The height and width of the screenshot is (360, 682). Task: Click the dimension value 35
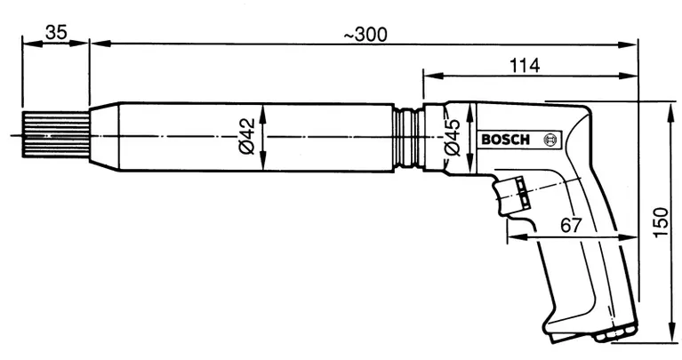(x=55, y=32)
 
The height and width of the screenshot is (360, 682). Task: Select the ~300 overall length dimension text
(x=365, y=34)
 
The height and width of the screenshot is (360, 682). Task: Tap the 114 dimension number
(x=527, y=64)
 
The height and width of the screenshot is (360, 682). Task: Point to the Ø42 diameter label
(x=249, y=135)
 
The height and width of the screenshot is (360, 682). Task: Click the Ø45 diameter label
(x=452, y=138)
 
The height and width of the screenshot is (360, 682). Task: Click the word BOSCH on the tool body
(x=504, y=140)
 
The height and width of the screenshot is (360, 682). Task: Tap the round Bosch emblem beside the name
(x=549, y=140)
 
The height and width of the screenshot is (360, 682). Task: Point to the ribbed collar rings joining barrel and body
(x=409, y=136)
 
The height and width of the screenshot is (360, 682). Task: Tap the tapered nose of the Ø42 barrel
(x=105, y=135)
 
